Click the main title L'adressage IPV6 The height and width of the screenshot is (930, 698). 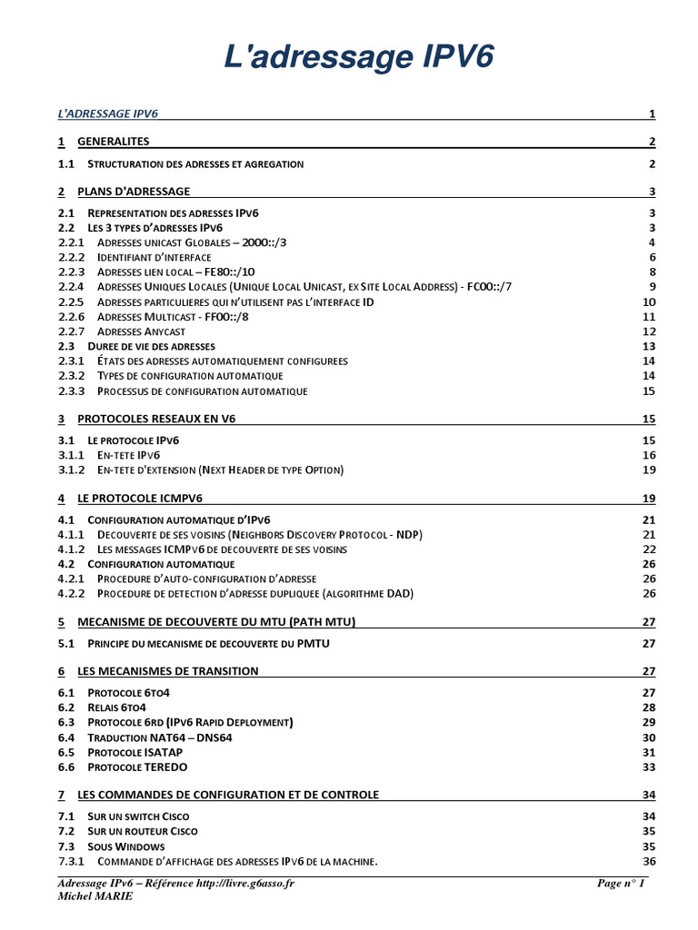pyautogui.click(x=359, y=57)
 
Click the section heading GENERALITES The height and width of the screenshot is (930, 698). pyautogui.click(x=114, y=142)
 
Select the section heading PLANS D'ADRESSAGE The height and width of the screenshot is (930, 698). pyautogui.click(x=134, y=192)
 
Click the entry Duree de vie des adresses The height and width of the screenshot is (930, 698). pyautogui.click(x=151, y=347)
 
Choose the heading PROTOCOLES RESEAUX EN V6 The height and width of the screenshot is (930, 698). pyautogui.click(x=158, y=419)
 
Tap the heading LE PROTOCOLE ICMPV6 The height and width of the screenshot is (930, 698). pyautogui.click(x=140, y=499)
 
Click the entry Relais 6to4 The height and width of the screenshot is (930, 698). pyautogui.click(x=116, y=707)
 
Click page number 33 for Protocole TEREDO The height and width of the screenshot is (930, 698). pyautogui.click(x=648, y=767)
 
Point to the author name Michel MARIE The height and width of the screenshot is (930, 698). pyautogui.click(x=95, y=896)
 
